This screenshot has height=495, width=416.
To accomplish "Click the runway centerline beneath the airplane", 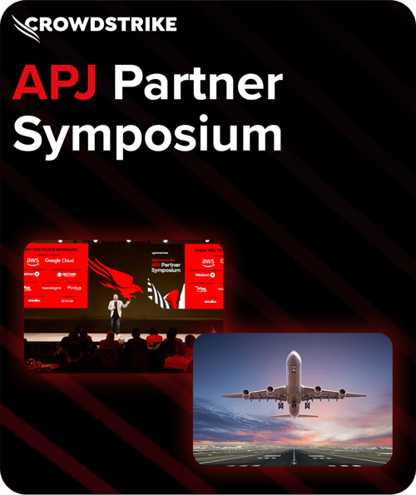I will pos(293,449).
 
